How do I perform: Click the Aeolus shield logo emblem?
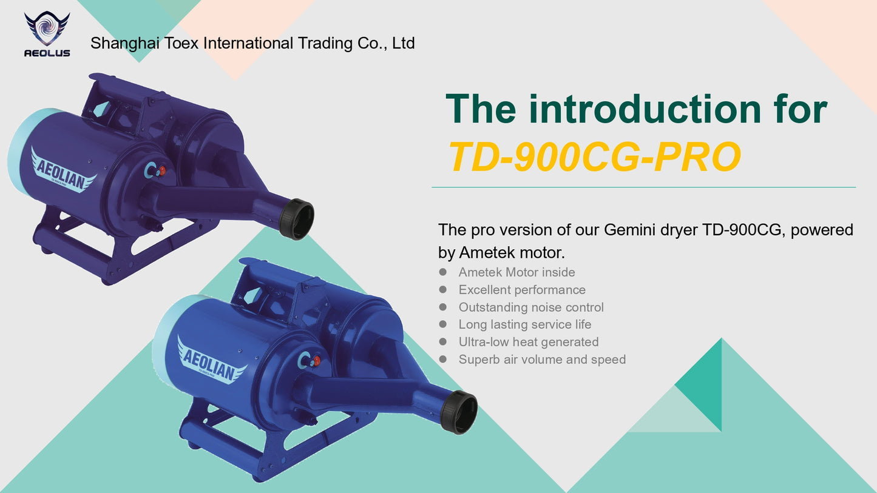[47, 29]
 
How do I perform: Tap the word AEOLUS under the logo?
[47, 53]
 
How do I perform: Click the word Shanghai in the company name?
[124, 44]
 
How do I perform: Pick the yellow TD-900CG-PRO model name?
[595, 157]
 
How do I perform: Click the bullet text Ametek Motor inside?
[517, 272]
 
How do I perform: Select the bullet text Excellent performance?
[523, 289]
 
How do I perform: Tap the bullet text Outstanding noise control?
[531, 307]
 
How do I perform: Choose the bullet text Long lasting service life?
[525, 324]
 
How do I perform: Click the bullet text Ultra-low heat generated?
[529, 342]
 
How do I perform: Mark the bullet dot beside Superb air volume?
[443, 359]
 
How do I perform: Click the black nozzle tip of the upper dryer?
[297, 219]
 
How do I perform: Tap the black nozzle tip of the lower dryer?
[459, 412]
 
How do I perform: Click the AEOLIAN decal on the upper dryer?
[63, 172]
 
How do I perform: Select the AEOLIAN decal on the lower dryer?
[211, 362]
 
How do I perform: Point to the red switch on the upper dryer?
[161, 170]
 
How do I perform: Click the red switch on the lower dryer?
[316, 360]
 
